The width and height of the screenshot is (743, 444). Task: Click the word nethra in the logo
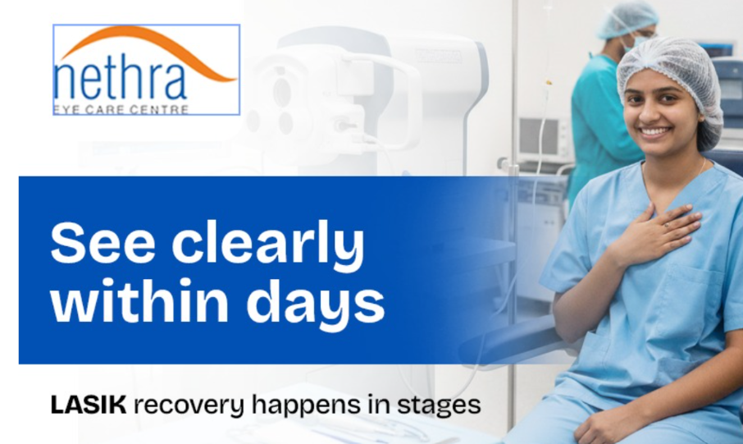pos(121,79)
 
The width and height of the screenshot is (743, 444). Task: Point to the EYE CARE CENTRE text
pos(121,109)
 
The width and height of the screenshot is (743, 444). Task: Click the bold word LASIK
pos(88,405)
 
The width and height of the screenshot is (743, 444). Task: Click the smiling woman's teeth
pos(654,130)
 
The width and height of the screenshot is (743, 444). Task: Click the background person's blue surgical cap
pos(627,17)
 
